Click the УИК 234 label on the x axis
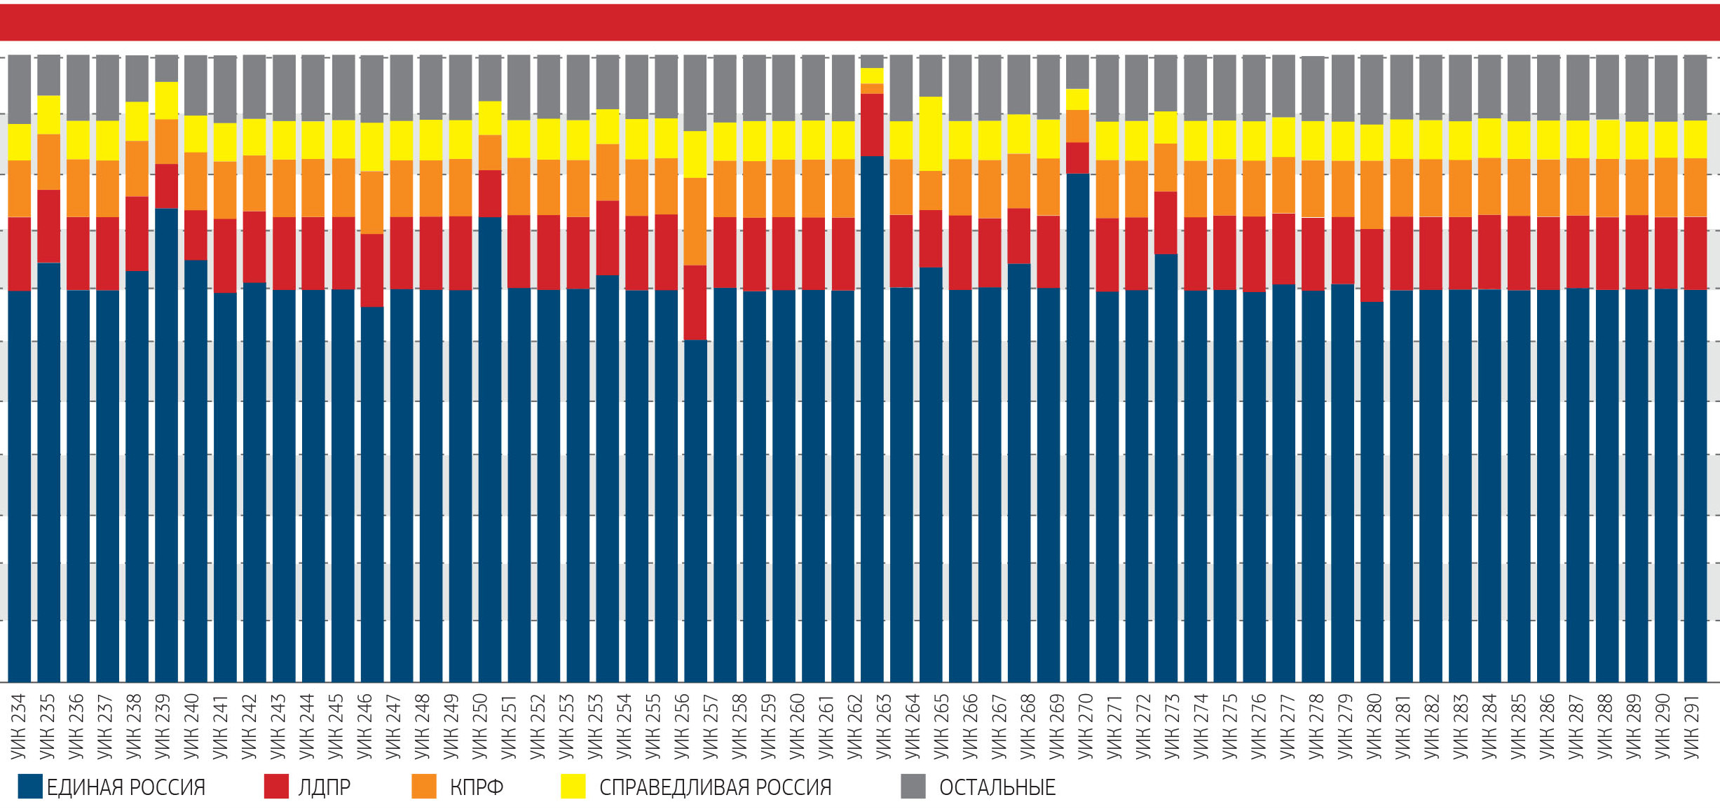pyautogui.click(x=18, y=726)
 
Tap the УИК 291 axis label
pyautogui.click(x=1693, y=726)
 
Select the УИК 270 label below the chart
pyautogui.click(x=1085, y=726)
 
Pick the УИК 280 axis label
pyautogui.click(x=1374, y=726)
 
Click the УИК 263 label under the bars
pyautogui.click(x=883, y=726)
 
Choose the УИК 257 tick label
pyautogui.click(x=710, y=726)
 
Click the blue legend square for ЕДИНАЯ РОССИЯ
pyautogui.click(x=30, y=787)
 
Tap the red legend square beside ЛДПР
pyautogui.click(x=276, y=787)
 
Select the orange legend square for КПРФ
pyautogui.click(x=424, y=787)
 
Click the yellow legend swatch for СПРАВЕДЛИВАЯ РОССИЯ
pyautogui.click(x=573, y=787)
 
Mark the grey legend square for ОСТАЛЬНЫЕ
pyautogui.click(x=913, y=787)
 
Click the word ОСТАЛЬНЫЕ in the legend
pyautogui.click(x=997, y=787)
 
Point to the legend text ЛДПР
pyautogui.click(x=324, y=787)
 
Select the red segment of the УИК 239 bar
pyautogui.click(x=166, y=186)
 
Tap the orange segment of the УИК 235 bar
pyautogui.click(x=49, y=162)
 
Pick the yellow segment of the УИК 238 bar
pyautogui.click(x=137, y=121)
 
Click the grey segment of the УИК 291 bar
pyautogui.click(x=1695, y=88)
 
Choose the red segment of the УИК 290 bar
pyautogui.click(x=1665, y=253)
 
